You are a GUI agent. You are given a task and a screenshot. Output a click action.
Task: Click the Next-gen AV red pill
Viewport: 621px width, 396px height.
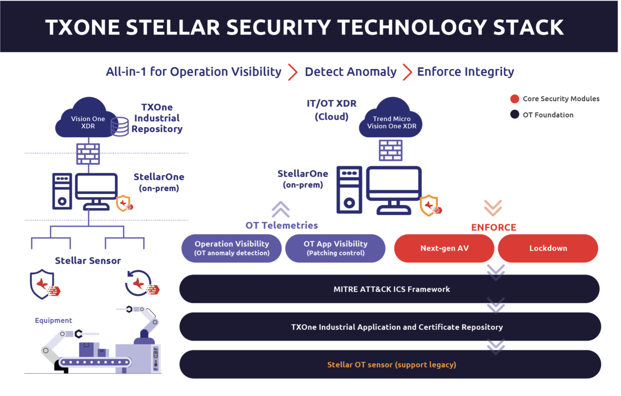pyautogui.click(x=444, y=248)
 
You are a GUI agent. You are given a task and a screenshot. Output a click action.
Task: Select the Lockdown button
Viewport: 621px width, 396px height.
pyautogui.click(x=548, y=248)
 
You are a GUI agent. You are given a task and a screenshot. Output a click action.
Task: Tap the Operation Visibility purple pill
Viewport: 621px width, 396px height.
pyautogui.click(x=232, y=248)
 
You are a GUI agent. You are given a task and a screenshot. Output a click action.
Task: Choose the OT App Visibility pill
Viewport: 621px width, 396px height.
pyautogui.click(x=335, y=248)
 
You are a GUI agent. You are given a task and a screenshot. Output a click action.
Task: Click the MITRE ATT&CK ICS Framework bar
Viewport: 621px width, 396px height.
pyautogui.click(x=389, y=289)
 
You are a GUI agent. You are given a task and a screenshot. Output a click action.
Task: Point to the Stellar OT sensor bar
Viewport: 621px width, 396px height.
pyautogui.click(x=390, y=364)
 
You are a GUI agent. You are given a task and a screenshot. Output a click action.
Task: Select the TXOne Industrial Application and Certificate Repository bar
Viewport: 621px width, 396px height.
pyautogui.click(x=390, y=327)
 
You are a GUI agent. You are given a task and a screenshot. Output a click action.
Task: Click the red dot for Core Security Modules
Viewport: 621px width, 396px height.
pyautogui.click(x=515, y=99)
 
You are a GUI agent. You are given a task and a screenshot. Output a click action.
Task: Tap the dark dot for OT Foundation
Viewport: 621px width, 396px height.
pyautogui.click(x=515, y=114)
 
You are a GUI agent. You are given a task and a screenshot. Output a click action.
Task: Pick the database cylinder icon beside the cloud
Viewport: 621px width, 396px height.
pyautogui.click(x=120, y=126)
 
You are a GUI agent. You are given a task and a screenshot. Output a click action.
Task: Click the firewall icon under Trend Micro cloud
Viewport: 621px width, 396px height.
pyautogui.click(x=391, y=150)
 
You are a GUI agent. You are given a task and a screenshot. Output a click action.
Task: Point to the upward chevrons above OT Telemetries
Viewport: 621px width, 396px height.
pyautogui.click(x=281, y=209)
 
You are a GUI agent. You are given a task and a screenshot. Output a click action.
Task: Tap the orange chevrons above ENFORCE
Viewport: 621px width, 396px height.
pyautogui.click(x=493, y=208)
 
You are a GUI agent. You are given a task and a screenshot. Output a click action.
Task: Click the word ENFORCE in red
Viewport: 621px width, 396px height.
pyautogui.click(x=494, y=227)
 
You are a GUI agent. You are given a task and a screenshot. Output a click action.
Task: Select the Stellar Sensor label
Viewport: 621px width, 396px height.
pyautogui.click(x=88, y=261)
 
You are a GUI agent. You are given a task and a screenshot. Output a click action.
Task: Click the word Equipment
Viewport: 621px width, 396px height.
pyautogui.click(x=53, y=320)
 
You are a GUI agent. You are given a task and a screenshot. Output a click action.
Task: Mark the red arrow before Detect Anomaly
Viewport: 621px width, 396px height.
pyautogui.click(x=293, y=72)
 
